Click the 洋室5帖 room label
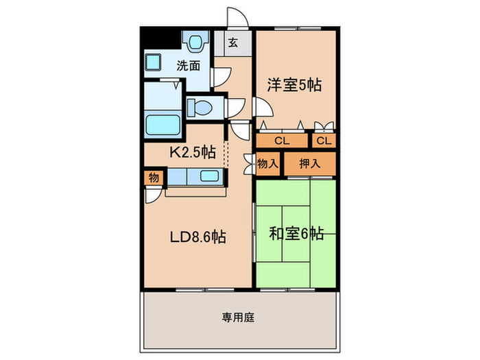point(295,86)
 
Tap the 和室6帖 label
point(296,234)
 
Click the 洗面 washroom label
point(189,66)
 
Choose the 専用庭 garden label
point(239,317)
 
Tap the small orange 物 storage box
point(153,178)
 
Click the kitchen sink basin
point(209,176)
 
